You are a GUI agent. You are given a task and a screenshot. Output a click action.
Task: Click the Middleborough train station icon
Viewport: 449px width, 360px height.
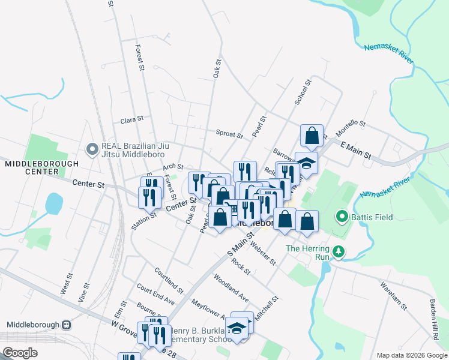(66, 325)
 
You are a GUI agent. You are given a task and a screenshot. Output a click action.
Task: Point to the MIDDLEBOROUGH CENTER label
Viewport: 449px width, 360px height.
(42, 167)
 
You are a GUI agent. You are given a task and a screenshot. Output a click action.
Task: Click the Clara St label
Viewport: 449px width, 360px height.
(132, 120)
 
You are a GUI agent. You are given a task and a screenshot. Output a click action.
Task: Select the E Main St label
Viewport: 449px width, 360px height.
(356, 151)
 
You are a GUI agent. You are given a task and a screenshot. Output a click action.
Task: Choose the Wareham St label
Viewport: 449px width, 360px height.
(394, 295)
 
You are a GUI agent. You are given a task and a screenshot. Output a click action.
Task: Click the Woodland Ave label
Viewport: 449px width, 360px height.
(231, 287)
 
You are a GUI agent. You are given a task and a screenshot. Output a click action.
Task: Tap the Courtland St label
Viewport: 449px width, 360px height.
(168, 277)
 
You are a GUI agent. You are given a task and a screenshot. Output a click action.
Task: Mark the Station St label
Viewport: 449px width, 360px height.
(143, 220)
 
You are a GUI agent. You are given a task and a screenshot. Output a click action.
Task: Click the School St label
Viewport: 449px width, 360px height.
(303, 92)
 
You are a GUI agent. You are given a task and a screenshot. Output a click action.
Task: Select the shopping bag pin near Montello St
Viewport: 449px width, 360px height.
(312, 134)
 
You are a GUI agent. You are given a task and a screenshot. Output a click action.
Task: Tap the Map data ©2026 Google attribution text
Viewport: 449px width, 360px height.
(411, 355)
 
